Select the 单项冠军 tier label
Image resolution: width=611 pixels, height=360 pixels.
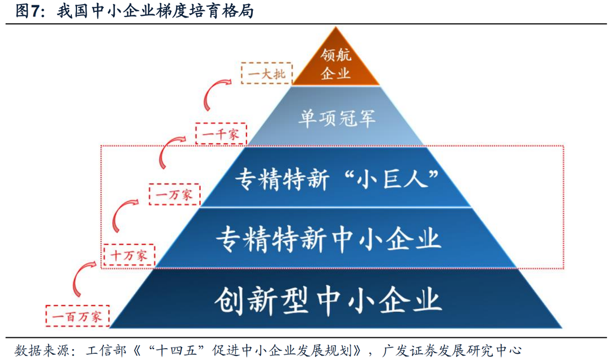(x=336, y=118)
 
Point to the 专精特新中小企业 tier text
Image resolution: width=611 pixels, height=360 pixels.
(x=328, y=238)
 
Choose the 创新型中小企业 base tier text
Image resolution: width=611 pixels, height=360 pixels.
(x=328, y=299)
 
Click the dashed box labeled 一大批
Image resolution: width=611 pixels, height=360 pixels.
(x=266, y=73)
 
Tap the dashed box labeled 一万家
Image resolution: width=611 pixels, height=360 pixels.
(x=174, y=194)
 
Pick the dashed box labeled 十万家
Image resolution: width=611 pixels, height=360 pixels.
(x=129, y=255)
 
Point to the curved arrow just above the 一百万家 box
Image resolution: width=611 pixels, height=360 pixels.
(x=79, y=277)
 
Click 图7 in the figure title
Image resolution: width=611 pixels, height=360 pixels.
(x=29, y=11)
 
